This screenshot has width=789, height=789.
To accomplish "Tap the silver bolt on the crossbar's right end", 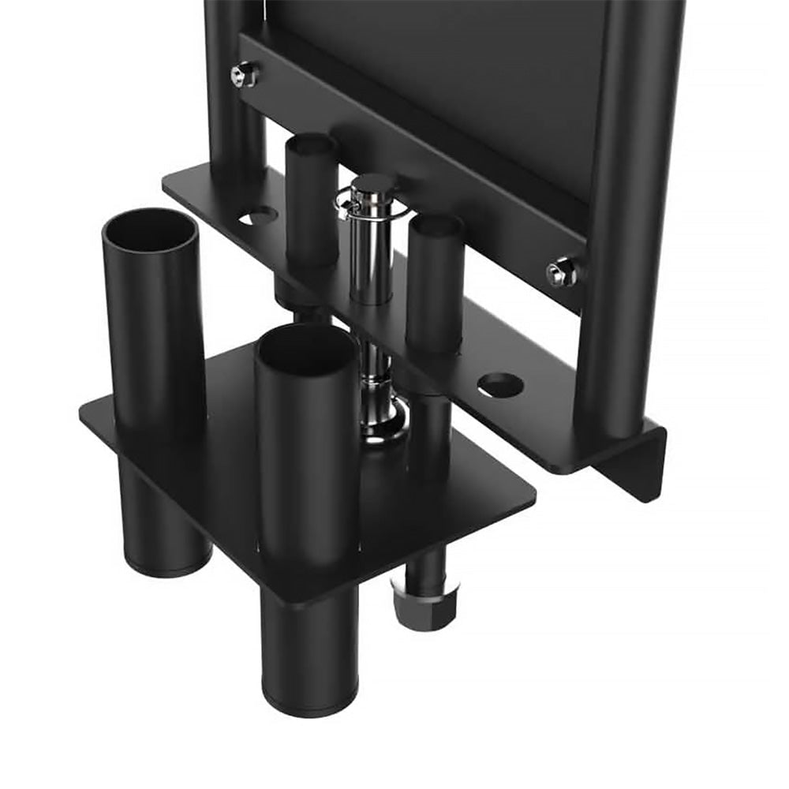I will click(x=560, y=272).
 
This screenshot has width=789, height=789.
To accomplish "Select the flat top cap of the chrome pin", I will click(x=373, y=184).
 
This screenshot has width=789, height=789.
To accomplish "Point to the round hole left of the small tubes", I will click(x=258, y=215).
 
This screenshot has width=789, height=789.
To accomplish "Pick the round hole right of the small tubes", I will click(x=500, y=385).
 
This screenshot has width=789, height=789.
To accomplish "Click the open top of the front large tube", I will click(x=306, y=348).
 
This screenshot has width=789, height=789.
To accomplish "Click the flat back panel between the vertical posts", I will click(x=442, y=79).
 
